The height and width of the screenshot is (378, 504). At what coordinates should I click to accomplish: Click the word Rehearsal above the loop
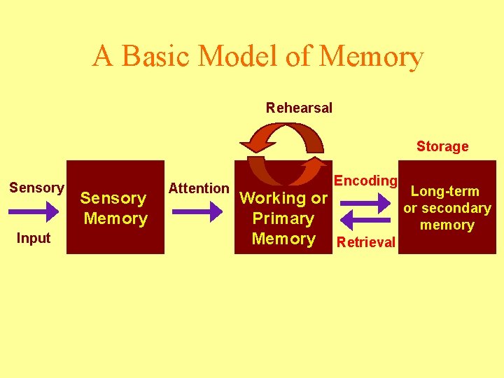click(x=299, y=108)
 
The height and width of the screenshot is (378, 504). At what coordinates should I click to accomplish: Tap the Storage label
click(x=442, y=146)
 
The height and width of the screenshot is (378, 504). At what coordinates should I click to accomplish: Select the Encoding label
click(x=365, y=181)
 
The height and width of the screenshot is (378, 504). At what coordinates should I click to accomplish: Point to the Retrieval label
click(x=366, y=243)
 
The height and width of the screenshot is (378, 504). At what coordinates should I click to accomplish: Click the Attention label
click(x=199, y=188)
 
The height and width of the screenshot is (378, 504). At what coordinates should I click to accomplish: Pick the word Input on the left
click(x=34, y=238)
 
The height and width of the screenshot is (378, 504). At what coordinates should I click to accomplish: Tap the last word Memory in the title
click(x=371, y=56)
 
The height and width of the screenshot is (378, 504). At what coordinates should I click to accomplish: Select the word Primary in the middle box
click(x=283, y=218)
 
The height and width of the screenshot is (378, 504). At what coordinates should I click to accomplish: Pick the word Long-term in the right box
click(x=445, y=191)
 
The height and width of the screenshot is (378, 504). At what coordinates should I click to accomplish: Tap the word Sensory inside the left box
click(x=113, y=198)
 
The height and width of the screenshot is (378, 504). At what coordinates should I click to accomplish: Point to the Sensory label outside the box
click(x=36, y=188)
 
